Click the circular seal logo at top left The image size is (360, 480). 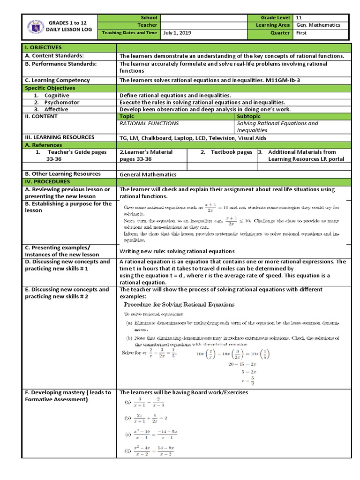coord(35,25)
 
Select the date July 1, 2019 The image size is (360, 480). coord(177,33)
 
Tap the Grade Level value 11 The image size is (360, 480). coord(300,17)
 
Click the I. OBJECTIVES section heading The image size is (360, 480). coord(43,48)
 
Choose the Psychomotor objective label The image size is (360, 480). coord(62,102)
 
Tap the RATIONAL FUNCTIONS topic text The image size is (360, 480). coord(149,123)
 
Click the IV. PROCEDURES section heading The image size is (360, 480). coord(47,181)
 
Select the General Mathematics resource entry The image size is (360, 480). coord(148,174)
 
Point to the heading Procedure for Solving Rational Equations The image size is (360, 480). coord(179,305)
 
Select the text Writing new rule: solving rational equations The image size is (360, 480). coord(177,251)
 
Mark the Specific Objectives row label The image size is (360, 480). coord(50,88)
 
